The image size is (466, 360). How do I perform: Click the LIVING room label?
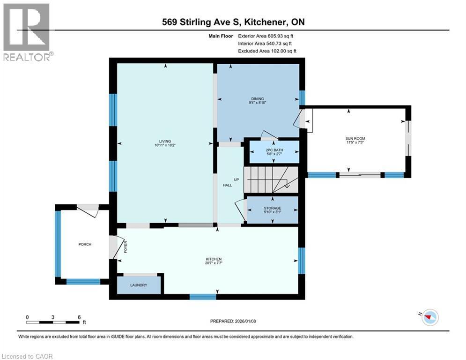coord(164,141)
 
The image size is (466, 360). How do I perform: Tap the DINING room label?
coord(258,99)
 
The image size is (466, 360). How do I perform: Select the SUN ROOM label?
coord(355,138)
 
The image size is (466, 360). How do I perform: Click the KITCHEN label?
coord(214,259)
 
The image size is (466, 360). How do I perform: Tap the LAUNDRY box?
coord(139,285)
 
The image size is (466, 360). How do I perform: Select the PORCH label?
coord(85,244)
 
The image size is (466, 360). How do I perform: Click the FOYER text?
coord(125,247)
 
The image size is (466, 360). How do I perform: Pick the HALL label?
coord(227,186)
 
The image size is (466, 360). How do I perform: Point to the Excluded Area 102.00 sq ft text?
coord(267,51)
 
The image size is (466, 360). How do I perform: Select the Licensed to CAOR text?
coord(27,356)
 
